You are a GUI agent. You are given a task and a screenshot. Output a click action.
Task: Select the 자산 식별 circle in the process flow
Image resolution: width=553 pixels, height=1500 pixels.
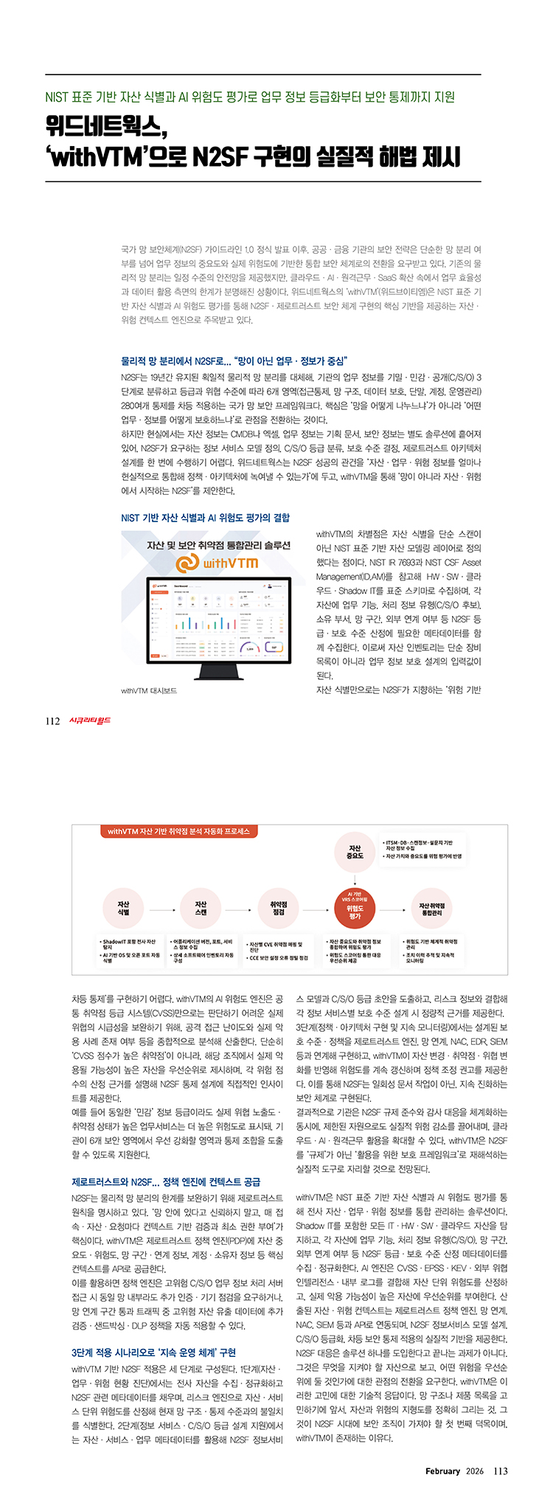point(123,908)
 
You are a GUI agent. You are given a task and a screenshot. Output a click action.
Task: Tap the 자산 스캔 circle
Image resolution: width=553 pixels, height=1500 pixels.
point(201,908)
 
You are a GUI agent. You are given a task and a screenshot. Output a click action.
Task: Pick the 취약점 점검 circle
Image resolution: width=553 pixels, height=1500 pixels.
point(278,908)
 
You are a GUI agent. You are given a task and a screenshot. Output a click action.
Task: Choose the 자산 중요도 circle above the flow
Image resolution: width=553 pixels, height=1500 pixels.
point(355,853)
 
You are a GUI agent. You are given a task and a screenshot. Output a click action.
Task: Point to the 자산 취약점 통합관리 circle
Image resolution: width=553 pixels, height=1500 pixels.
point(431,908)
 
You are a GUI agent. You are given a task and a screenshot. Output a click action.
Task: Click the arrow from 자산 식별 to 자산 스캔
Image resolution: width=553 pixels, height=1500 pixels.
point(161,908)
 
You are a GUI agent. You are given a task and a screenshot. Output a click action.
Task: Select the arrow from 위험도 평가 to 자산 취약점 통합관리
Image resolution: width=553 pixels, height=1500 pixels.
point(393,908)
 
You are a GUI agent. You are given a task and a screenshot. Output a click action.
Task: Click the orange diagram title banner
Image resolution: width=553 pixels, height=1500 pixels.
point(178,831)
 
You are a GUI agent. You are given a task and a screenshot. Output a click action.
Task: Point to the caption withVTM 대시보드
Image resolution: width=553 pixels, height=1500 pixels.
point(149,691)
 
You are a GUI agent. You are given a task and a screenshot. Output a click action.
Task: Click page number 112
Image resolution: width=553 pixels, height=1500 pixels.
point(52,721)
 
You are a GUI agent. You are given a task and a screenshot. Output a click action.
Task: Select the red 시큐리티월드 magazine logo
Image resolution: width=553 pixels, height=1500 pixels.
point(89,721)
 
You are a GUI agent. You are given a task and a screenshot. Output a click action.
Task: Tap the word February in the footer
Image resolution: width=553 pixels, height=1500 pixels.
point(442,1471)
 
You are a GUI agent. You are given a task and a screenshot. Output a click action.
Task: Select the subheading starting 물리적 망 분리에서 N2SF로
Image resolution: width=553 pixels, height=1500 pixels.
point(234,361)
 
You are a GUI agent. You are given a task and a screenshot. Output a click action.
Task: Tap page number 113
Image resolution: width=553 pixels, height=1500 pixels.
point(501,1471)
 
